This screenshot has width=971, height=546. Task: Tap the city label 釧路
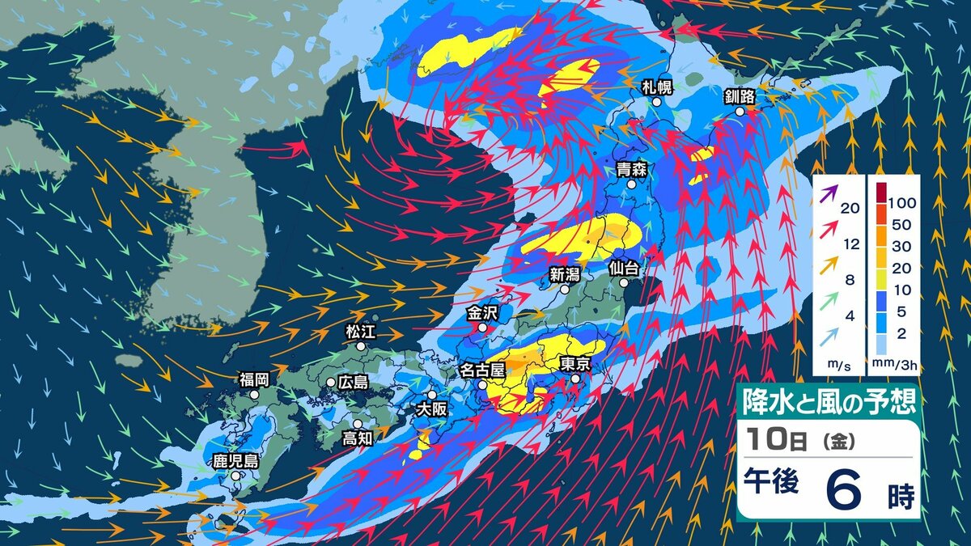740,97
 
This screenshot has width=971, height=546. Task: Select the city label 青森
630,169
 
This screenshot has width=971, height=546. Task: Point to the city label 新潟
565,273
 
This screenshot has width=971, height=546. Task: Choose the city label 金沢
481,312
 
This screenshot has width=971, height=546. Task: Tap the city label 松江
361,331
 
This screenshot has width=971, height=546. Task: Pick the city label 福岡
253,379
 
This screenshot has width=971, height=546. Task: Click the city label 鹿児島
235,461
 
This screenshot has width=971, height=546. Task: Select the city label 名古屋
482,370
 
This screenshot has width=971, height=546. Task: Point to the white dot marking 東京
575,379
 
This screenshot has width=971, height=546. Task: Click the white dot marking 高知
357,423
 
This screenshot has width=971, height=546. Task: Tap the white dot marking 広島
331,383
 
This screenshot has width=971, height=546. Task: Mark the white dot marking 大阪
432,395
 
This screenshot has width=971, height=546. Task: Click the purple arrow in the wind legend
828,195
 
